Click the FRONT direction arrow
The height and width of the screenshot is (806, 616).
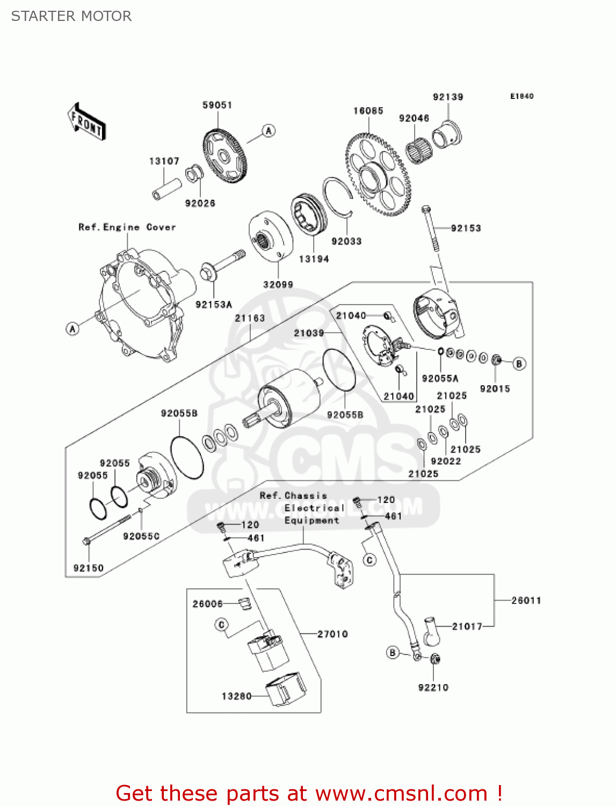pyautogui.click(x=86, y=121)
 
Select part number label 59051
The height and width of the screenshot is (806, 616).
pyautogui.click(x=217, y=105)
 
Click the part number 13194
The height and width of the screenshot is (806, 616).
pyautogui.click(x=314, y=259)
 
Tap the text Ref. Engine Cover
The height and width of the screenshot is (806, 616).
pyautogui.click(x=127, y=227)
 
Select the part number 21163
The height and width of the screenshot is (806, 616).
pyautogui.click(x=250, y=318)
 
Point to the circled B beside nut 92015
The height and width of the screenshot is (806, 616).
pyautogui.click(x=519, y=364)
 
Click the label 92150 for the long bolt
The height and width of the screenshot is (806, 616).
pyautogui.click(x=88, y=568)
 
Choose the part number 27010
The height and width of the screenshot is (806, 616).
pyautogui.click(x=332, y=634)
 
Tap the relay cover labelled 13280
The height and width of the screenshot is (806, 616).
pyautogui.click(x=286, y=688)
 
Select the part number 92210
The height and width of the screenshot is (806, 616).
pyautogui.click(x=433, y=687)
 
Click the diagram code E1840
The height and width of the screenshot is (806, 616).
pyautogui.click(x=521, y=96)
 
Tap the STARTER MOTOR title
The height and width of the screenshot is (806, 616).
pyautogui.click(x=71, y=16)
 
